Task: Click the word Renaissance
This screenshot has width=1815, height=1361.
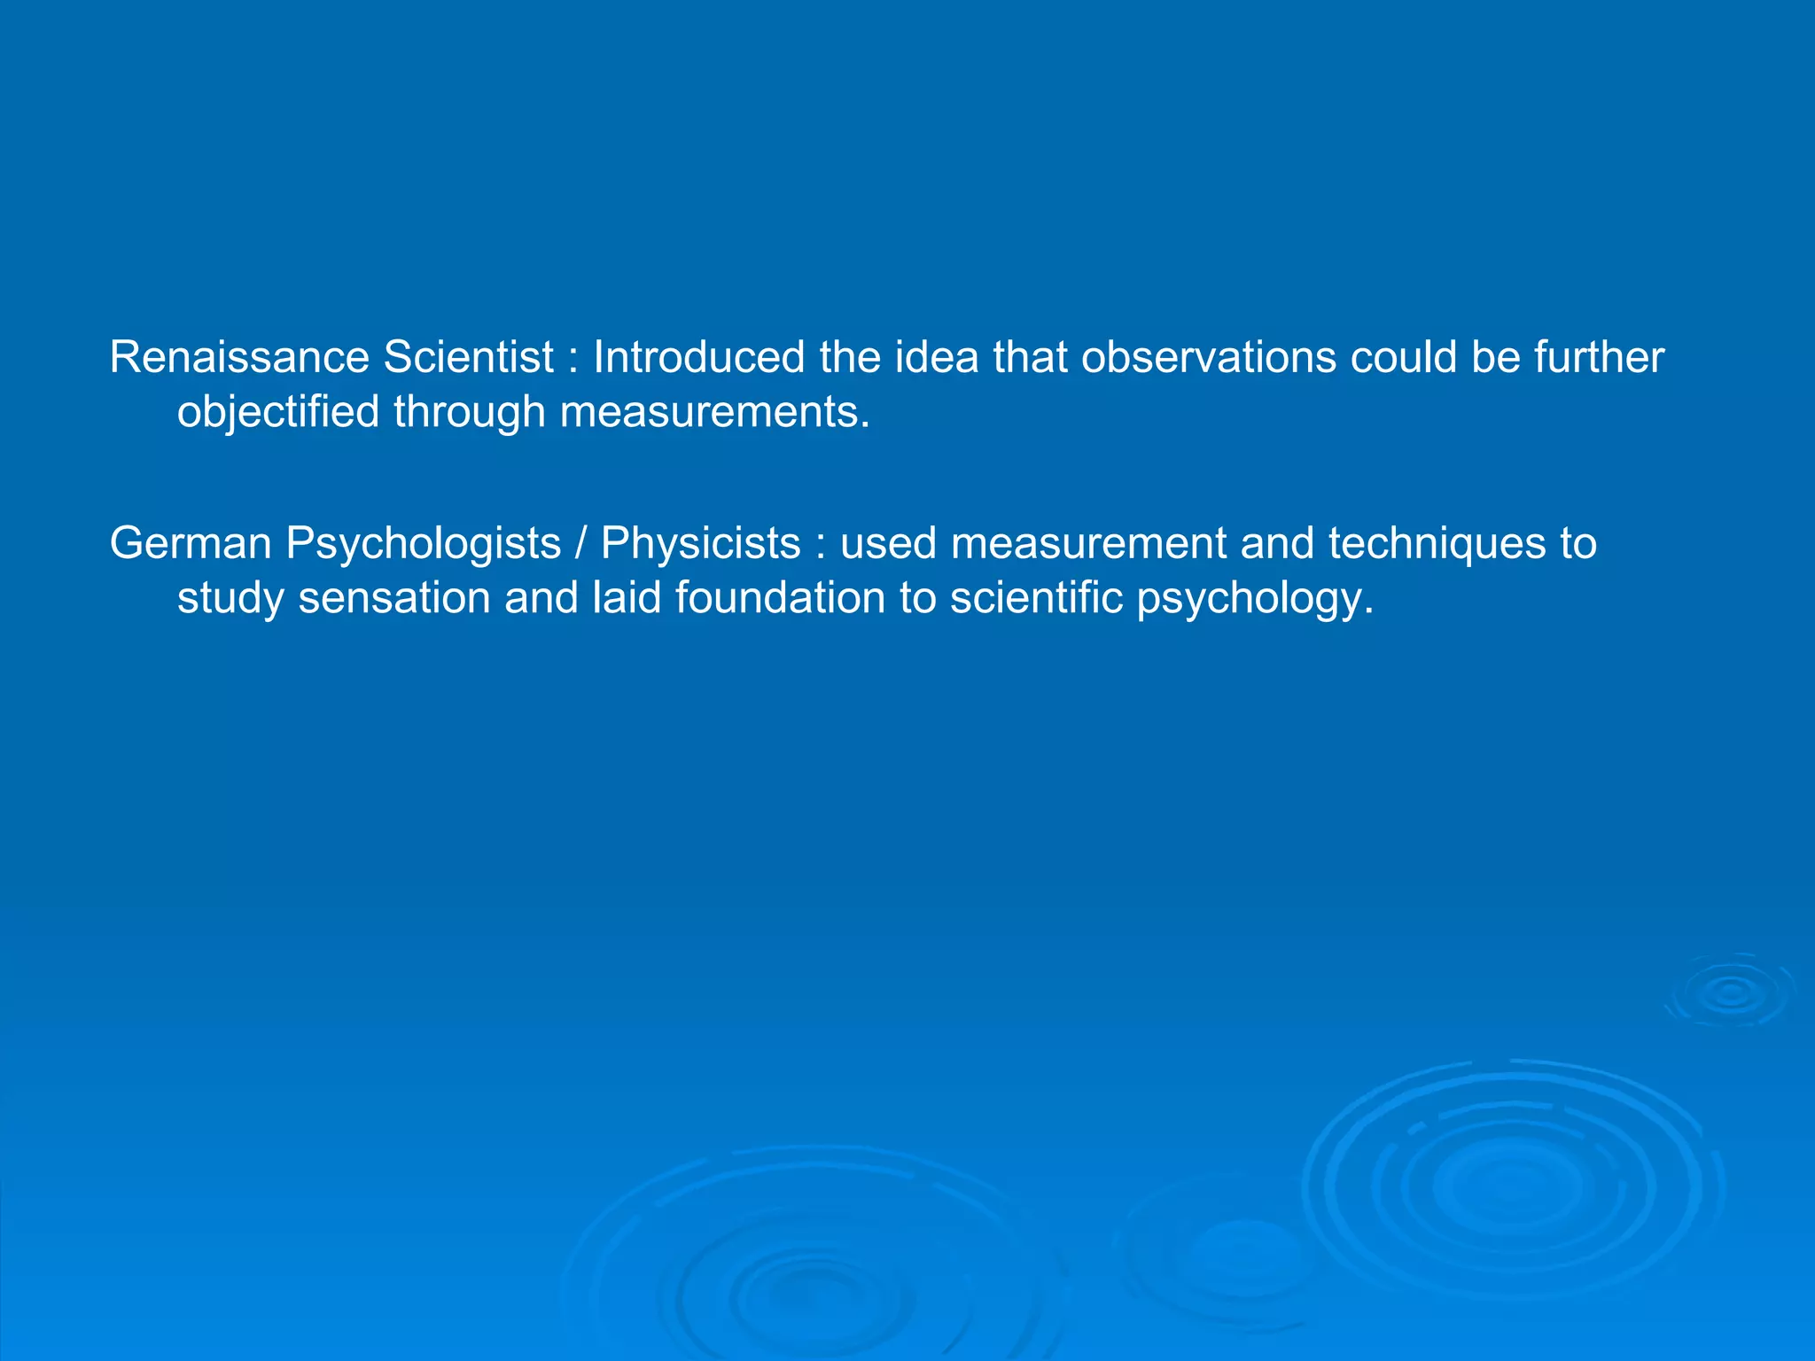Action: point(238,358)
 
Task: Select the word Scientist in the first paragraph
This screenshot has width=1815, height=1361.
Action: point(468,358)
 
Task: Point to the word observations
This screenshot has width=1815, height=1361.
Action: point(1208,358)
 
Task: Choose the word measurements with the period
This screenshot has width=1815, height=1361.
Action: point(715,413)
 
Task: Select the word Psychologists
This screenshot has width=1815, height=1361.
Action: point(423,545)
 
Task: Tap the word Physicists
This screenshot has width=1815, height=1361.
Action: point(700,543)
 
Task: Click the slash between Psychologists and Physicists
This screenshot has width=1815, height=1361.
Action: point(581,543)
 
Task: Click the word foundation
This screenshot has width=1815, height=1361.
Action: point(780,598)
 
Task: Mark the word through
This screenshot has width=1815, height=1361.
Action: point(469,413)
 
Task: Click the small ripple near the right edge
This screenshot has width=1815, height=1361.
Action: point(1731,992)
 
